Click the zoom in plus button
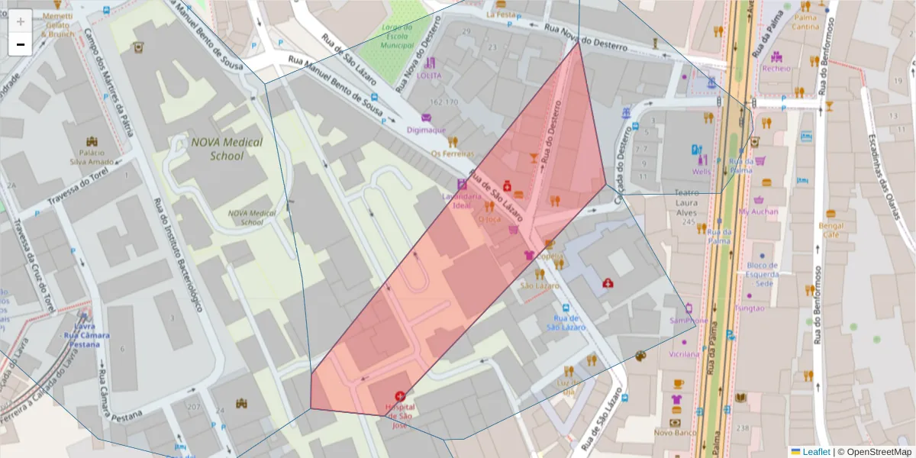[x=21, y=21]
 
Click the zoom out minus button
[x=21, y=44]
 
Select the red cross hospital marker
[x=399, y=396]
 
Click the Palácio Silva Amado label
[x=92, y=157]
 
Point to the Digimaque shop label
[x=426, y=130]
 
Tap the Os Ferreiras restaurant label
[x=453, y=153]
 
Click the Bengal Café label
[x=830, y=231]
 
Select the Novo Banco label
[x=675, y=433]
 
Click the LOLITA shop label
[x=430, y=76]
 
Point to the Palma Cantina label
[x=805, y=21]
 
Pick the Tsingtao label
[x=749, y=308]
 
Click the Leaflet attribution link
[x=815, y=452]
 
